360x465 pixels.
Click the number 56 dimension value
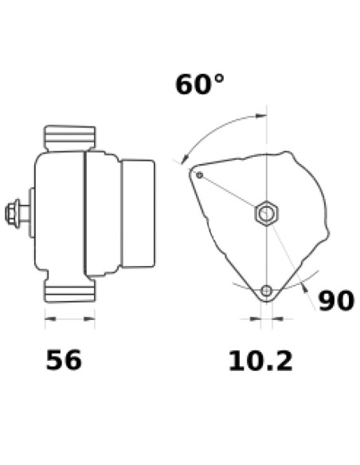pyautogui.click(x=64, y=360)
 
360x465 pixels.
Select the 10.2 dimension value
pyautogui.click(x=260, y=361)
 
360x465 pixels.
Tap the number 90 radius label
pyautogui.click(x=335, y=301)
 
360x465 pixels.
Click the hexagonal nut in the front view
pyautogui.click(x=266, y=213)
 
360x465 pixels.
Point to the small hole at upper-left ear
pyautogui.click(x=200, y=174)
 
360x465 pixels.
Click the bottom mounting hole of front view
pyautogui.click(x=267, y=290)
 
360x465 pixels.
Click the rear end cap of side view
pyautogui.click(x=137, y=213)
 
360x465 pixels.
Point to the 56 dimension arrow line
pyautogui.click(x=69, y=320)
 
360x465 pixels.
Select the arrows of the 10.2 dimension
pyautogui.click(x=266, y=320)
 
